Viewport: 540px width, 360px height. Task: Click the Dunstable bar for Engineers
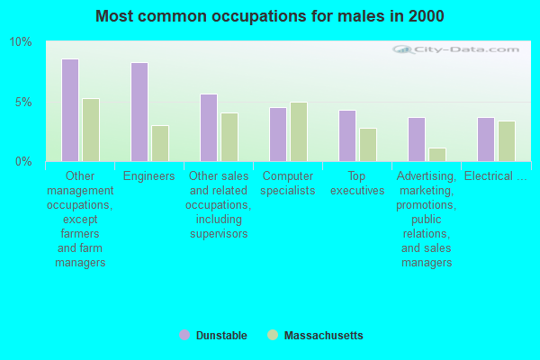pos(139,112)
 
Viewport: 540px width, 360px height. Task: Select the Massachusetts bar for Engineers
pos(160,143)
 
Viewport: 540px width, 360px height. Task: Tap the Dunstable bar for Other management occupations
pos(70,110)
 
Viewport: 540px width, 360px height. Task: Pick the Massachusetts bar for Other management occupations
pos(91,130)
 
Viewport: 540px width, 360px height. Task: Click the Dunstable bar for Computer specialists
pos(278,134)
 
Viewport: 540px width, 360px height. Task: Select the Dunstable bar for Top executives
pos(347,136)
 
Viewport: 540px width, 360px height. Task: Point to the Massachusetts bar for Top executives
pos(368,145)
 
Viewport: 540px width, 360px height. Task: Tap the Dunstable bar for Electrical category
pos(486,139)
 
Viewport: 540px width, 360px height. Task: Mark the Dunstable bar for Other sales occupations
pos(209,128)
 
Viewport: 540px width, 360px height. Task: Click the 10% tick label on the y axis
pos(21,42)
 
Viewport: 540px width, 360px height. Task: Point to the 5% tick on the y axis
pos(23,102)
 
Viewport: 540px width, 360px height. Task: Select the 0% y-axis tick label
pos(23,161)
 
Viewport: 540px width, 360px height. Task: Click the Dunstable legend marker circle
pos(184,335)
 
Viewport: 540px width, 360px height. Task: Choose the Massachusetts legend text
pos(323,336)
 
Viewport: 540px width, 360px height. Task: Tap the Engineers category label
pos(149,176)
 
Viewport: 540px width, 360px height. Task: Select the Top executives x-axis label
pos(357,184)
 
